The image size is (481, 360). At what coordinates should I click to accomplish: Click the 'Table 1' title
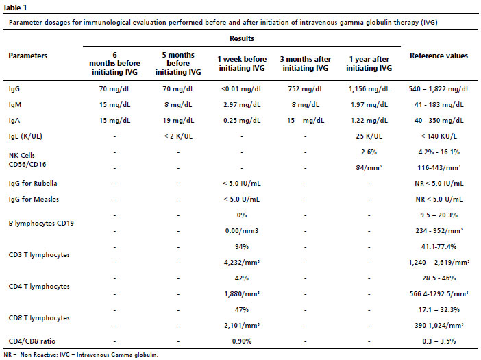pos(14,8)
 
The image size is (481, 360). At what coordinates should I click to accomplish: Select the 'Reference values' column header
pos(439,56)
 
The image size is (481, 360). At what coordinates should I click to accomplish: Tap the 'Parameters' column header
pos(28,56)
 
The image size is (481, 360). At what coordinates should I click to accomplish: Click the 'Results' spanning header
pos(242,38)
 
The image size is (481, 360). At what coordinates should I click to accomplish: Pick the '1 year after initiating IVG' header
pos(369,64)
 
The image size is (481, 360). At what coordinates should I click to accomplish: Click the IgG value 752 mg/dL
pos(305,89)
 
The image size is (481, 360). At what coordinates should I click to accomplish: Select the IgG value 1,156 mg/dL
pos(369,89)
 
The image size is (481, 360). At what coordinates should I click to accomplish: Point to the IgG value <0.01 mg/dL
pos(242,89)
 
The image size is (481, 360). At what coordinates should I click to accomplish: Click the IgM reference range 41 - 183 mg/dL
pos(439,105)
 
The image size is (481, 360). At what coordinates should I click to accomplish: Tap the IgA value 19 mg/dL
pos(178,121)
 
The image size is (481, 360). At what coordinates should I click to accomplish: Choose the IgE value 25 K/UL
pos(369,136)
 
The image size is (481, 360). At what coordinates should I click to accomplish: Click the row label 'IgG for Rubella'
pos(33,184)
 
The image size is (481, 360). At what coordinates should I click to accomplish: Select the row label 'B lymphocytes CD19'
pos(41,224)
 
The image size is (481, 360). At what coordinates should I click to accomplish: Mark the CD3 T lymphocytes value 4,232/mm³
pos(242,263)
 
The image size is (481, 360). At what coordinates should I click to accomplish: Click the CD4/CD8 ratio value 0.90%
pos(242,341)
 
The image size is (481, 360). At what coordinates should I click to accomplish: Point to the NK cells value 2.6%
pos(369,152)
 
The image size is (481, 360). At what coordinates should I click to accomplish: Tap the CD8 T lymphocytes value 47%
pos(242,310)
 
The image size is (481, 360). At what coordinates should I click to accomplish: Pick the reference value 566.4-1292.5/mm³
pos(439,294)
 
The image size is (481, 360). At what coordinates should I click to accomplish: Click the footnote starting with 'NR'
pos(81,355)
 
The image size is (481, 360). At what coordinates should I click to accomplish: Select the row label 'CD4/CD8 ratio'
pos(32,341)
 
